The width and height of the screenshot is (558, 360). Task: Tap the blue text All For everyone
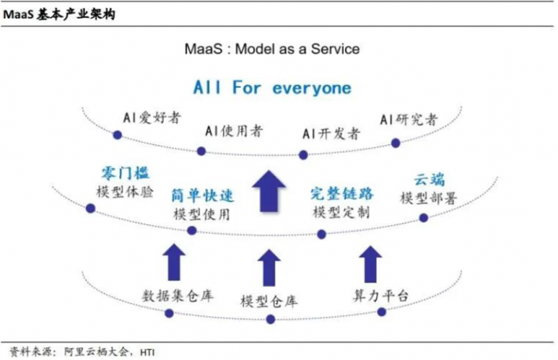click(x=271, y=88)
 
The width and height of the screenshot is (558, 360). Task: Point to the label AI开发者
click(x=331, y=133)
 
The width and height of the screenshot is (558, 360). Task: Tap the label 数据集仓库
click(x=178, y=296)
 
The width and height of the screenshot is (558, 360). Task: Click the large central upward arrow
click(x=272, y=192)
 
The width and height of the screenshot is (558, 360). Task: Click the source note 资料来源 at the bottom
click(x=82, y=351)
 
